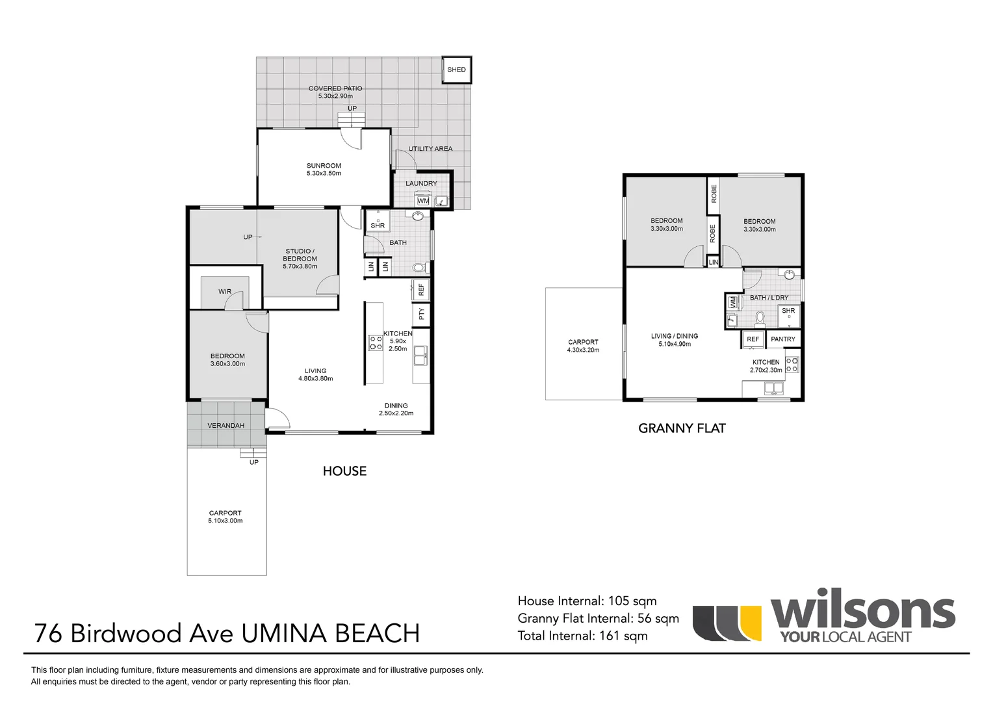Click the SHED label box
456,70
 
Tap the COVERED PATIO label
335,92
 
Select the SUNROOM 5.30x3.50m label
324,170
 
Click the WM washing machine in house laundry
423,200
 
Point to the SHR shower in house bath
378,220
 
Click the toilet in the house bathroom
419,267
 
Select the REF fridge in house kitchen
420,289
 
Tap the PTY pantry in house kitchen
421,314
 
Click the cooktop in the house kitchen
376,343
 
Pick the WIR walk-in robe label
225,292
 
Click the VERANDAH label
226,426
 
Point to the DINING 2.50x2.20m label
396,409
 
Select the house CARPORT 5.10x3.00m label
225,517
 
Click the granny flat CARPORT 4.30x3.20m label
583,346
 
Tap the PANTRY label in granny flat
782,339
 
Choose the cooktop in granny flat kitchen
792,365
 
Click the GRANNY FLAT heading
682,428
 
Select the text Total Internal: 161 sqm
582,636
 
